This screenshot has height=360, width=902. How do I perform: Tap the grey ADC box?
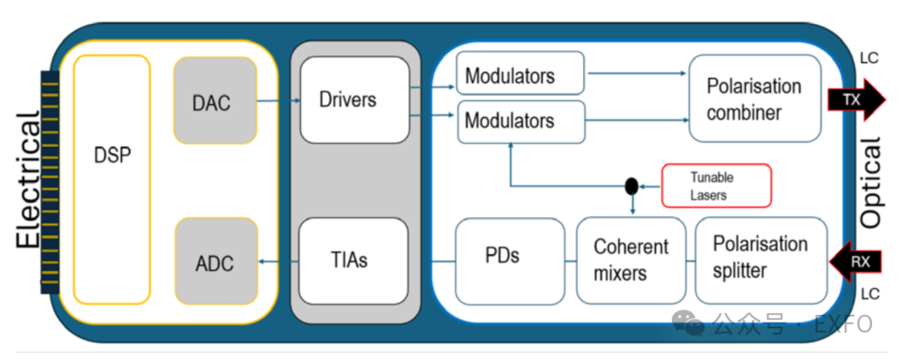point(215,261)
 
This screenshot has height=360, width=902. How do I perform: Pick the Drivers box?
point(354,100)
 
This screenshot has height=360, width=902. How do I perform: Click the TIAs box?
point(354,260)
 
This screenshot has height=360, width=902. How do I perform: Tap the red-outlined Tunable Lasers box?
point(716,186)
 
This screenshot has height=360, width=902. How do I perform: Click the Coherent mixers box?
point(631,260)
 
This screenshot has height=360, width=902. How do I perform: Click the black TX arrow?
point(858,100)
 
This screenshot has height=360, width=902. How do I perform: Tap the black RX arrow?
point(858,261)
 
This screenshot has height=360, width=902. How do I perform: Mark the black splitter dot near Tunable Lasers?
point(632,186)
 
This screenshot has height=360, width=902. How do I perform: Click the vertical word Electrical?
point(29,180)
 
